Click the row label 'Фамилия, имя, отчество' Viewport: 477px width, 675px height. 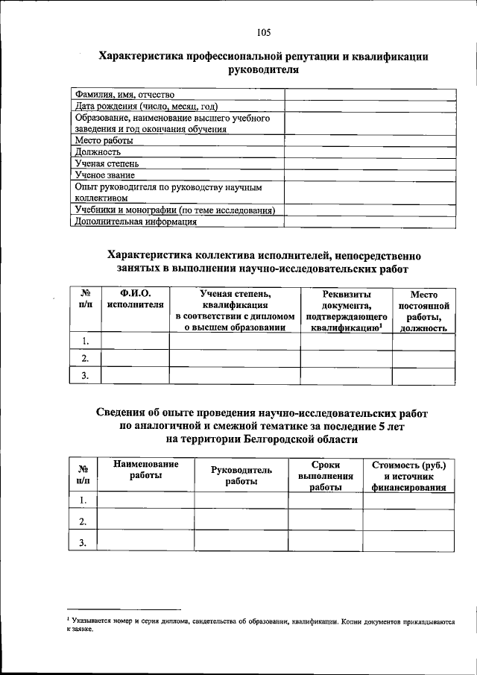(124, 95)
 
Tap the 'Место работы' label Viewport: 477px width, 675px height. (104, 140)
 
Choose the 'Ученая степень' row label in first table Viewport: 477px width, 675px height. (107, 163)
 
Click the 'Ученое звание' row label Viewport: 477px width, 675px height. (104, 175)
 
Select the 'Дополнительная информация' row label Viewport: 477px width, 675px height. (136, 221)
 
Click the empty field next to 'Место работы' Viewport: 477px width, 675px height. (369, 140)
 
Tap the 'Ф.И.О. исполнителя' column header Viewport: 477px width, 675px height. (135, 299)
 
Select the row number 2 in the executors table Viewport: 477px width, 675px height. (86, 359)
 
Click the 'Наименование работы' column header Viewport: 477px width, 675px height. (146, 470)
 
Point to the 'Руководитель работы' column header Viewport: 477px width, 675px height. (241, 476)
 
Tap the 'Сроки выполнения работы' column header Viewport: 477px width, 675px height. (325, 476)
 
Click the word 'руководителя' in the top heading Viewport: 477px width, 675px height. (264, 70)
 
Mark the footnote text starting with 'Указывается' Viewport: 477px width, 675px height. (261, 621)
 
